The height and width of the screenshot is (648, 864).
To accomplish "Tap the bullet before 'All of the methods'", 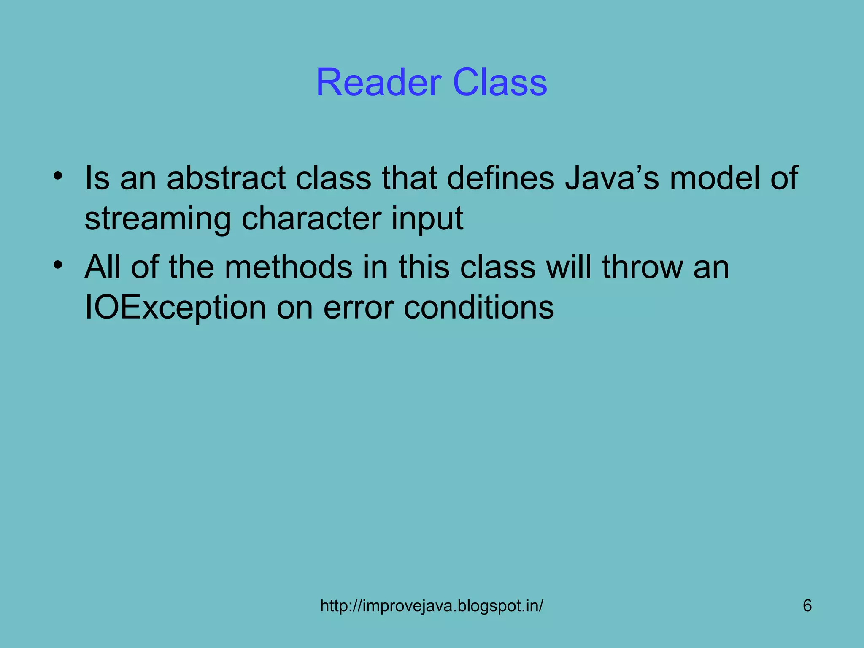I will tap(58, 265).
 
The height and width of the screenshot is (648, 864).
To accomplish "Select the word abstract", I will tap(226, 178).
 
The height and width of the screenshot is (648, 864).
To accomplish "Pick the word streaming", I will tap(157, 219).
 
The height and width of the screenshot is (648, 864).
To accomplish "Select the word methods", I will tap(288, 267).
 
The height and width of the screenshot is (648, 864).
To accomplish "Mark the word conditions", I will tap(478, 308).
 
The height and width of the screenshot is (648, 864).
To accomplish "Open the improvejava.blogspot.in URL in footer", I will tap(432, 606).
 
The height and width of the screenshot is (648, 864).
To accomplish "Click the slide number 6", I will tap(807, 606).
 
